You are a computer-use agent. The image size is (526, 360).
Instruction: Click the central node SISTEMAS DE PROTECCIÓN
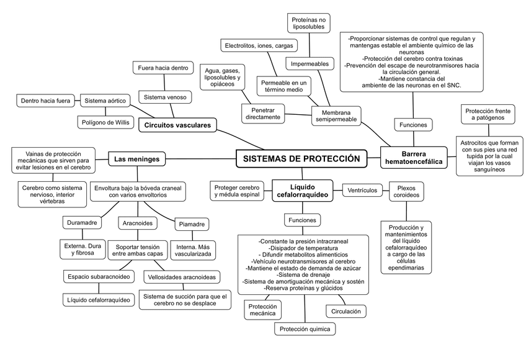(x=301, y=159)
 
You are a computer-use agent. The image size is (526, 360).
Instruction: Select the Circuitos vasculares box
(x=177, y=125)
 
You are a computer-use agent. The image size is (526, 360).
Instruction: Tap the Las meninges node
(x=137, y=160)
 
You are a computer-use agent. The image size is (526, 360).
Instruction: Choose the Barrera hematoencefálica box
(x=413, y=158)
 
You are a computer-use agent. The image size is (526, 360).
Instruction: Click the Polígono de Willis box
(x=105, y=122)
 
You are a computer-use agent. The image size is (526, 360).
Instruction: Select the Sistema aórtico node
(x=106, y=100)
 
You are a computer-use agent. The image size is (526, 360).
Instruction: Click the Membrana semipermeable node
(x=337, y=115)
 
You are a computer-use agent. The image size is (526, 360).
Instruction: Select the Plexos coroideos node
(x=406, y=191)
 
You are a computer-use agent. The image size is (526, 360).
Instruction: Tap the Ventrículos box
(x=363, y=191)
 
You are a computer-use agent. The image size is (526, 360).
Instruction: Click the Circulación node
(x=345, y=311)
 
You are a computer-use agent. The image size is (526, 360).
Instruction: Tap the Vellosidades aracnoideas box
(x=181, y=276)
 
